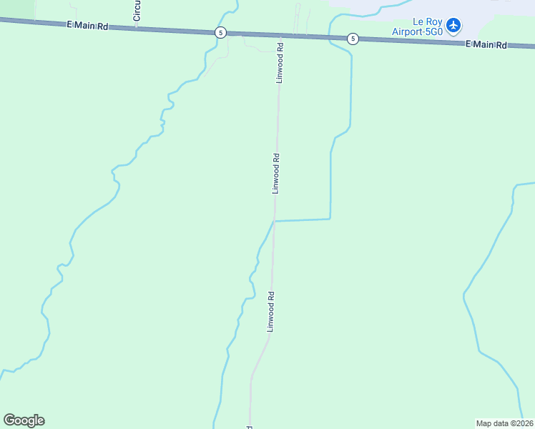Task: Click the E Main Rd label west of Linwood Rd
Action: (87, 26)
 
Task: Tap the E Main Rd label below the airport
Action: (486, 44)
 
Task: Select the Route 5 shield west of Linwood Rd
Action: (221, 33)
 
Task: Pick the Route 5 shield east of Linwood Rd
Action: (352, 39)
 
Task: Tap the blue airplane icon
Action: (453, 26)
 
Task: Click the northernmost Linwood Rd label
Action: (280, 64)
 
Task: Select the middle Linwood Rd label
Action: (275, 173)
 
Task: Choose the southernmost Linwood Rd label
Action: (270, 311)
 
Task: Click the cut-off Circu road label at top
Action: (137, 10)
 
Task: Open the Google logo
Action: (24, 420)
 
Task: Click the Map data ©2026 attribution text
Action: (504, 423)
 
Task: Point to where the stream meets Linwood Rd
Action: (275, 221)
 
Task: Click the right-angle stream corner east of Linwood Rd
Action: (330, 219)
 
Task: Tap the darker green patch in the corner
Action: (16, 8)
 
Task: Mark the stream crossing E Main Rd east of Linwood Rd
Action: (330, 37)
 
